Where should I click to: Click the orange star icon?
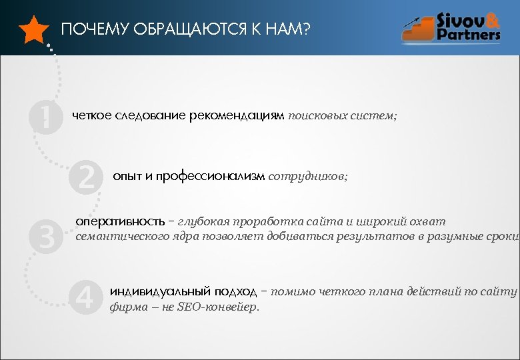coord(33,30)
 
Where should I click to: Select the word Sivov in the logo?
coord(462,20)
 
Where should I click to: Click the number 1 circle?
coord(45,117)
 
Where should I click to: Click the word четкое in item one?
coord(94,116)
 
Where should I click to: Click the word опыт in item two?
coord(127,176)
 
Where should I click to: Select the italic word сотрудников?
coord(307,176)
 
